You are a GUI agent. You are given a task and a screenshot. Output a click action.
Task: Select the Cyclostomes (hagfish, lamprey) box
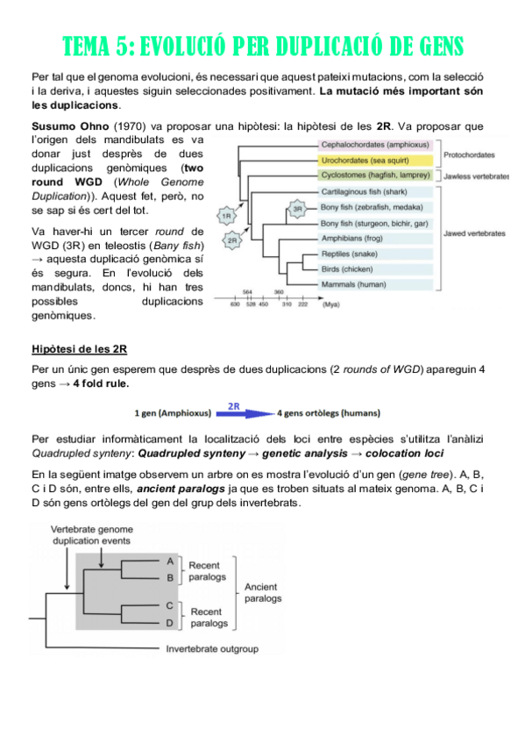[x=375, y=175]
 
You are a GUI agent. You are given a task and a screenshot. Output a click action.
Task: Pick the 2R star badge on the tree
[x=234, y=240]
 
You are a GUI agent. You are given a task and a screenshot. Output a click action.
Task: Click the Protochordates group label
[x=469, y=154]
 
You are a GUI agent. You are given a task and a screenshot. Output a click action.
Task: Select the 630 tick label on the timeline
[x=235, y=304]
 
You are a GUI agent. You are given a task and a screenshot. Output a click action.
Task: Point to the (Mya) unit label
[x=332, y=304]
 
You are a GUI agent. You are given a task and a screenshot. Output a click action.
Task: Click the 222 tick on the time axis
[x=303, y=304]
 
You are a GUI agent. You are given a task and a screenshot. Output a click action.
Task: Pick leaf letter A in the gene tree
[x=169, y=560]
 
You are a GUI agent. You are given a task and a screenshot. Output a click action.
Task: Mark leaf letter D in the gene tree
[x=169, y=622]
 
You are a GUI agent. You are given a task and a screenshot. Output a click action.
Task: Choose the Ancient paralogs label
[x=263, y=593]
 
